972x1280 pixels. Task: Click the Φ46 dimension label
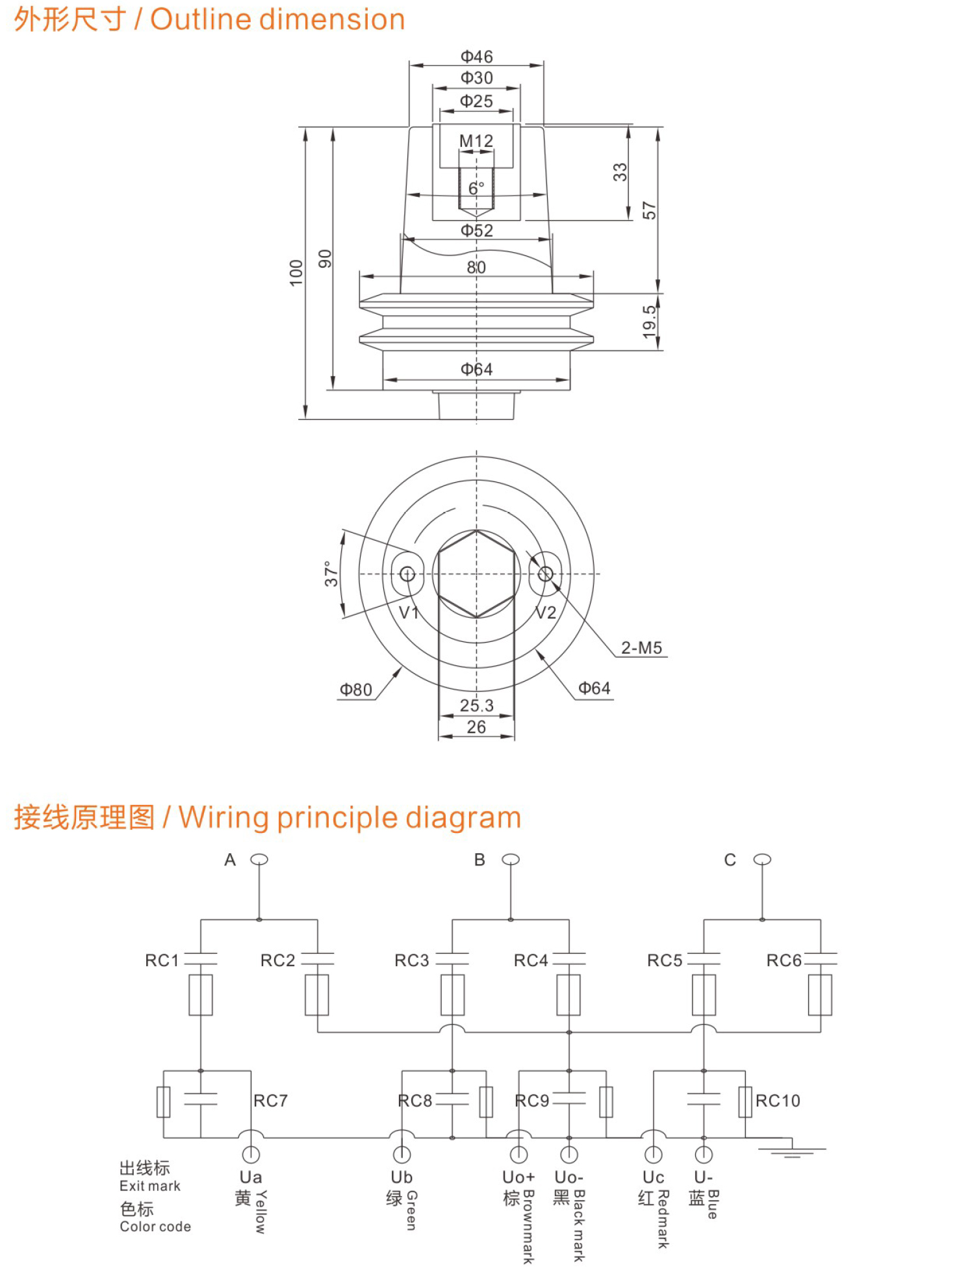click(476, 57)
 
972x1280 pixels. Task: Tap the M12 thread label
click(476, 141)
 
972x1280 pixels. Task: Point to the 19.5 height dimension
click(649, 322)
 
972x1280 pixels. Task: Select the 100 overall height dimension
click(296, 273)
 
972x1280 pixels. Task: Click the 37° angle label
click(331, 574)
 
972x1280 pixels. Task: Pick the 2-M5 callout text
click(641, 648)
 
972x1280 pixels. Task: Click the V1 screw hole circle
click(407, 574)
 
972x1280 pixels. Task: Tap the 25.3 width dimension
click(476, 705)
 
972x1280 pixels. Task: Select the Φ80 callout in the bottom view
click(356, 689)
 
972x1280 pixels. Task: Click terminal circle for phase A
click(259, 860)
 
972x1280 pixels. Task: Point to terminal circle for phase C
click(762, 860)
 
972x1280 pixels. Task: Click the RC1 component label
click(162, 960)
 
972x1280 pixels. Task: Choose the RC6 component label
click(784, 960)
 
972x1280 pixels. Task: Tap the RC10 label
click(778, 1101)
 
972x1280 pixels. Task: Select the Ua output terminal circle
click(251, 1155)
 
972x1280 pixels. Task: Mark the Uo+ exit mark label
click(518, 1177)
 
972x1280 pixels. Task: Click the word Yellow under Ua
click(261, 1212)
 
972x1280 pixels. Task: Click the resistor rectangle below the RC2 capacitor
click(317, 995)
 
